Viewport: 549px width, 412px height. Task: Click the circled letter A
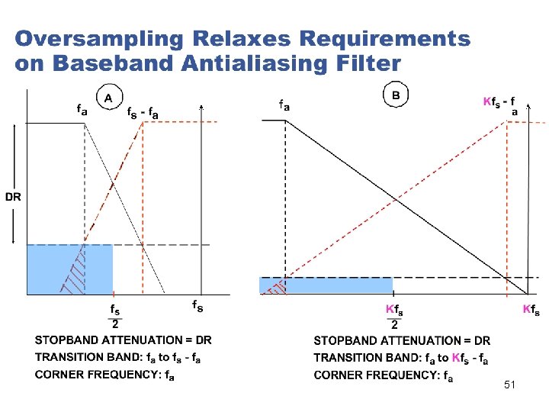(109, 98)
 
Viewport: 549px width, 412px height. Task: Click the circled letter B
(396, 95)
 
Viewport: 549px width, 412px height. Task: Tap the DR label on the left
(14, 197)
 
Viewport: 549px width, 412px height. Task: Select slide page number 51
(509, 386)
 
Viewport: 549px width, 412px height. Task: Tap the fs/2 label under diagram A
(114, 320)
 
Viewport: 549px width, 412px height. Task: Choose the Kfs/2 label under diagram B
(393, 319)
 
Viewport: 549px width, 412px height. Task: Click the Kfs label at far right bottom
(531, 310)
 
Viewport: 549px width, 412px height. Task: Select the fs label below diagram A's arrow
(196, 306)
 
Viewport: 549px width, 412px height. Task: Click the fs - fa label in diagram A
(143, 113)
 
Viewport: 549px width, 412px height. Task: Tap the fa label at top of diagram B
(284, 105)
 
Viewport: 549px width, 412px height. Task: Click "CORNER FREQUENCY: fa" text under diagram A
(104, 375)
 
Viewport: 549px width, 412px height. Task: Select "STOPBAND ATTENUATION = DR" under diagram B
(402, 341)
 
